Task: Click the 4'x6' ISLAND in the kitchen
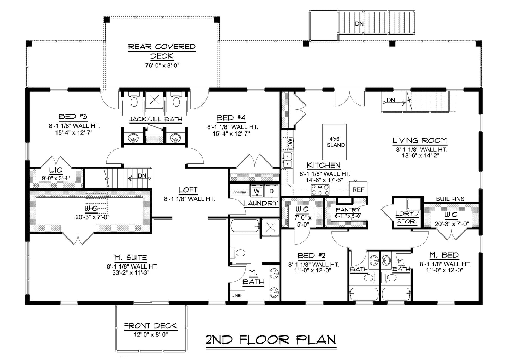[x=335, y=142]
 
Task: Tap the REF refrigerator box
[x=358, y=189]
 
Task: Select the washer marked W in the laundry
[x=257, y=191]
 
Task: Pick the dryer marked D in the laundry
[x=271, y=191]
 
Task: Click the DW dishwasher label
[x=290, y=143]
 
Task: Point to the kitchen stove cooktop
[x=320, y=190]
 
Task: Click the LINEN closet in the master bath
[x=237, y=295]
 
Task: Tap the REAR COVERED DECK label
[x=162, y=51]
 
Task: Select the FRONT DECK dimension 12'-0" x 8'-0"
[x=150, y=335]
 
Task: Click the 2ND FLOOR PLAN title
[x=271, y=340]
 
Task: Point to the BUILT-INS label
[x=450, y=199]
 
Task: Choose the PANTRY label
[x=348, y=209]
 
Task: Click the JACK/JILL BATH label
[x=156, y=119]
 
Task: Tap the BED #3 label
[x=73, y=116]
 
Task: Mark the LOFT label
[x=188, y=190]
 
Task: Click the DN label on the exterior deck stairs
[x=359, y=23]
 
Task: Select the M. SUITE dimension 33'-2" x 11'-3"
[x=132, y=272]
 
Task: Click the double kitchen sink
[x=287, y=160]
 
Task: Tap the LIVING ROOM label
[x=420, y=140]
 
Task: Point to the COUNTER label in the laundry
[x=240, y=192]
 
